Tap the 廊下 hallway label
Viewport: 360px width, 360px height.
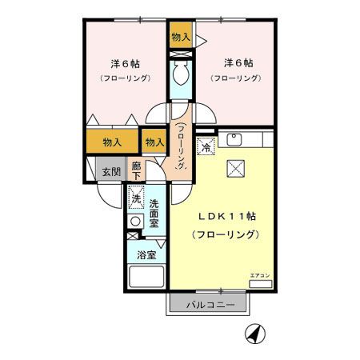[x=137, y=170]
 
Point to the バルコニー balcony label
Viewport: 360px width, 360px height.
[x=210, y=305]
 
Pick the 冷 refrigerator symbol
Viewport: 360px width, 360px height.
[x=206, y=147]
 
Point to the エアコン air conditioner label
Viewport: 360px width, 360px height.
[x=260, y=275]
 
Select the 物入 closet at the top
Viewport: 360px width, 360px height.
[x=181, y=36]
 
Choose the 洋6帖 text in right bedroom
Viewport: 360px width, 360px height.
[x=238, y=62]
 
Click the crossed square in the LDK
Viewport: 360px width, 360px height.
[x=235, y=167]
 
